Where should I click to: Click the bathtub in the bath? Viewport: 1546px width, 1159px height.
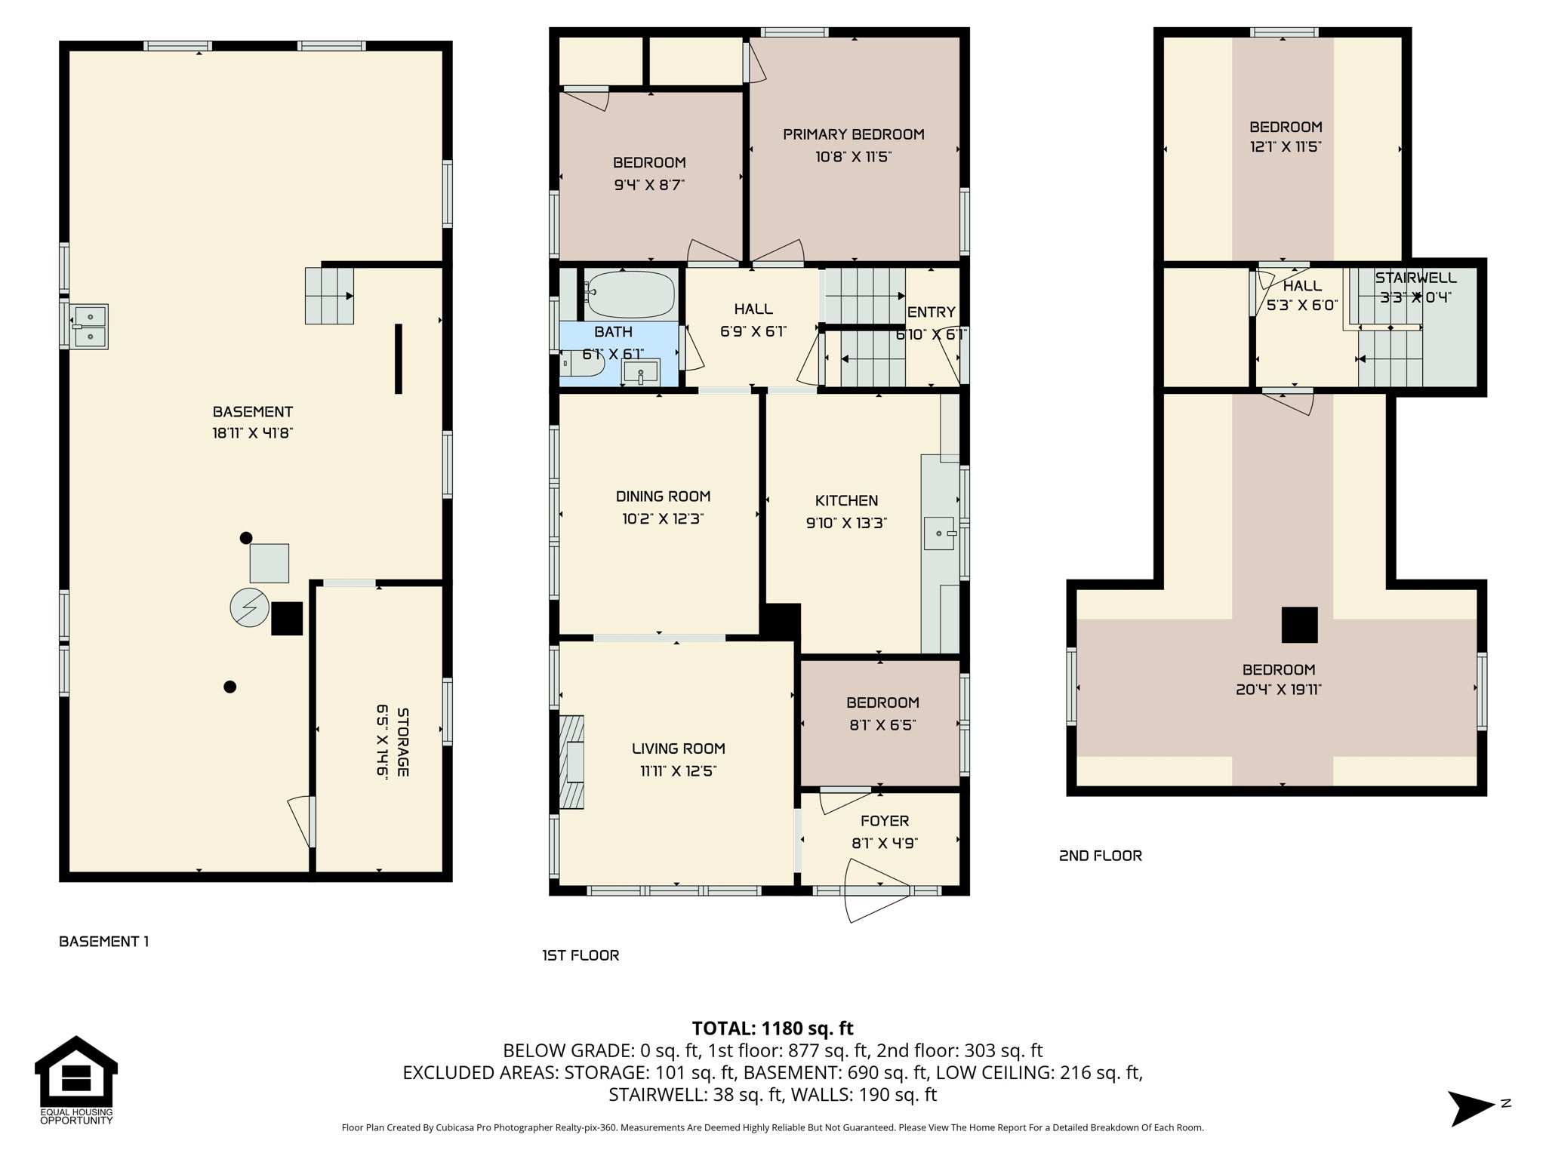click(630, 294)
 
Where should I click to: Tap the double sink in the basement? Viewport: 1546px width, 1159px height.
click(90, 326)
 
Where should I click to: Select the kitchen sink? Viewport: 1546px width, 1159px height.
click(941, 533)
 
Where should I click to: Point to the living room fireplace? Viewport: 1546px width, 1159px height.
click(571, 761)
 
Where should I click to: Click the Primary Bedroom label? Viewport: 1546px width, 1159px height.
click(854, 134)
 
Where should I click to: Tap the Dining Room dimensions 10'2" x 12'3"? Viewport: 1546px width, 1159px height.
click(663, 518)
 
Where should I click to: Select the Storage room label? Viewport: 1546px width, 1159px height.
click(403, 742)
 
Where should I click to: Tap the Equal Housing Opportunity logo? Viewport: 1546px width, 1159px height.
click(76, 1080)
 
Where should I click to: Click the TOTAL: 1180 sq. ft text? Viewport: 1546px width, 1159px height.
click(772, 1028)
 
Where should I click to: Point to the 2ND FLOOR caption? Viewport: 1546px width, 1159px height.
click(1100, 856)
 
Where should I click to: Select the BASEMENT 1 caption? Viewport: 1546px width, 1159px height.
click(104, 941)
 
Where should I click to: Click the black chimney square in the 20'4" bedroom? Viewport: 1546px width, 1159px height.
click(1299, 625)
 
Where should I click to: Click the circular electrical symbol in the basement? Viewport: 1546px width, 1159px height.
click(250, 607)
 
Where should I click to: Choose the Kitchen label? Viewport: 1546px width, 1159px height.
click(846, 500)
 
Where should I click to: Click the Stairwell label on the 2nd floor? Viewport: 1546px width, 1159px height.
click(1415, 278)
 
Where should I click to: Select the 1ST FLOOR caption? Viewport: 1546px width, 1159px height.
click(581, 955)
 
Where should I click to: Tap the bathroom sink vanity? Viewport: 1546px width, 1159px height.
click(640, 372)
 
